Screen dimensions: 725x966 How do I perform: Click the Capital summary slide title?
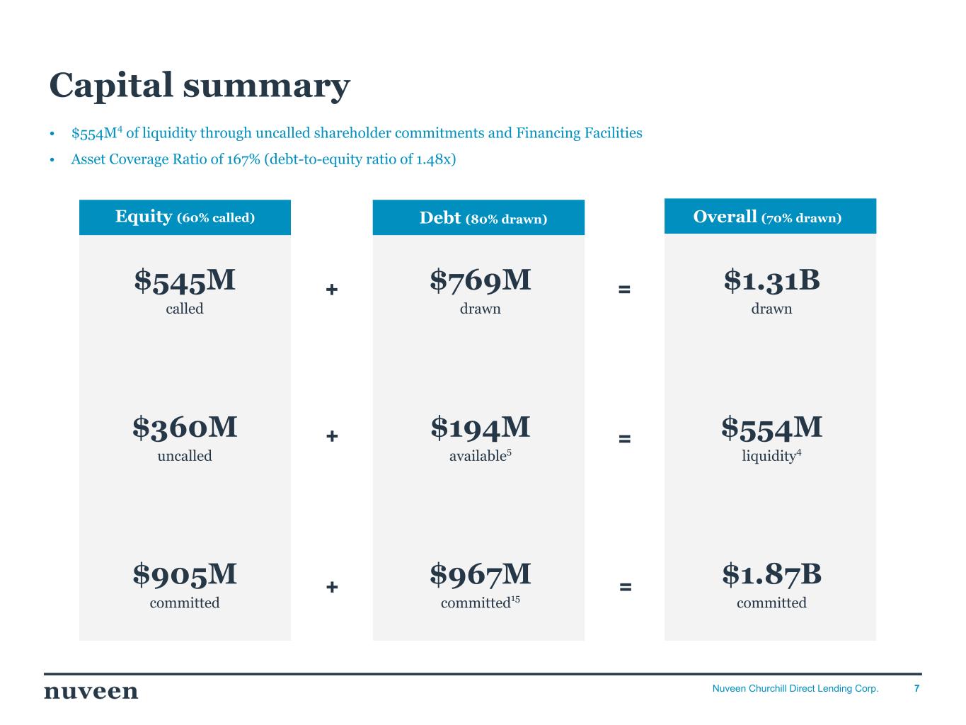(199, 85)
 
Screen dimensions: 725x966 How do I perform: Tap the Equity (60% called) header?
(185, 217)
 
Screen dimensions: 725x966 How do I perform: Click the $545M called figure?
(185, 280)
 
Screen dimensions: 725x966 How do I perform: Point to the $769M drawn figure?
(481, 280)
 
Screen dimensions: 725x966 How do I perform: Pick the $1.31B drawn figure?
(771, 280)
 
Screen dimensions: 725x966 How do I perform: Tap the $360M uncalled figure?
(185, 427)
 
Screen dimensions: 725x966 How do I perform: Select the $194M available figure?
(481, 427)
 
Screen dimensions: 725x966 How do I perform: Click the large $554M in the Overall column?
(771, 427)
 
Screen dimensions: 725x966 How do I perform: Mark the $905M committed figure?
(185, 574)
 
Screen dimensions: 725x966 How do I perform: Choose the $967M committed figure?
(481, 574)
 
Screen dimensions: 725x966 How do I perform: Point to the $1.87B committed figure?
(771, 574)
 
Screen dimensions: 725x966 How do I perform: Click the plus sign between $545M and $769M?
(332, 290)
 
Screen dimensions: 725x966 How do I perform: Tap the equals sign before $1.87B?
(625, 587)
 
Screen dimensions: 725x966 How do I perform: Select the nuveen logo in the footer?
(91, 691)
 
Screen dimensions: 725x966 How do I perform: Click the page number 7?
(917, 688)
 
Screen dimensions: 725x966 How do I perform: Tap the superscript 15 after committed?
(515, 600)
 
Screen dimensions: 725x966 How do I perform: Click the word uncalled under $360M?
(185, 456)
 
